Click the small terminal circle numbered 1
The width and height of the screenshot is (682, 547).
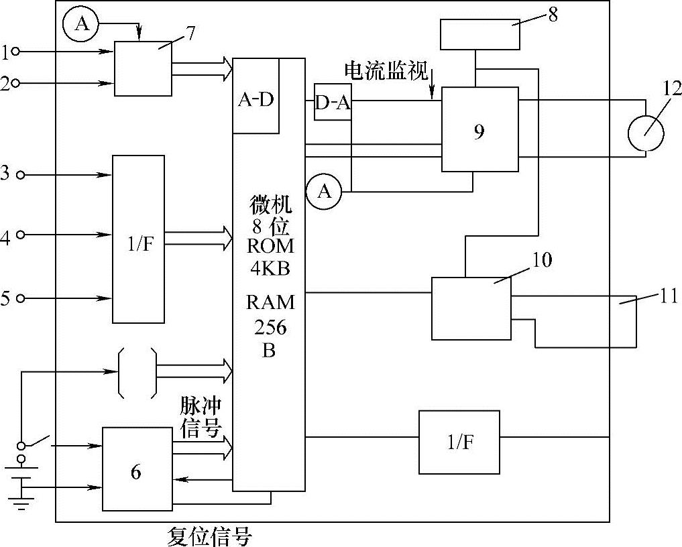tap(15, 51)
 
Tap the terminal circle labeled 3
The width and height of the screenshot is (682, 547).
tap(20, 175)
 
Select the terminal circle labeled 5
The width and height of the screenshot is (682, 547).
tap(20, 298)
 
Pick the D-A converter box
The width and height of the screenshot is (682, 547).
tap(333, 103)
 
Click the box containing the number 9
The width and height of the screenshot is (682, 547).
tap(479, 129)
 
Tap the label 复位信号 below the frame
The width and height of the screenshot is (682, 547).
tap(209, 536)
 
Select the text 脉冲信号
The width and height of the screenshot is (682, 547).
tap(201, 417)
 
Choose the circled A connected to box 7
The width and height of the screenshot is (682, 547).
tap(81, 25)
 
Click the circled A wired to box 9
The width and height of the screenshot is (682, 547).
tap(324, 192)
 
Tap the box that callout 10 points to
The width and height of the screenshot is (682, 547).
tap(471, 308)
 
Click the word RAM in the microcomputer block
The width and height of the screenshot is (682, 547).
tap(270, 302)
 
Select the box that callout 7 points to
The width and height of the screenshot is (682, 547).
tap(143, 68)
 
